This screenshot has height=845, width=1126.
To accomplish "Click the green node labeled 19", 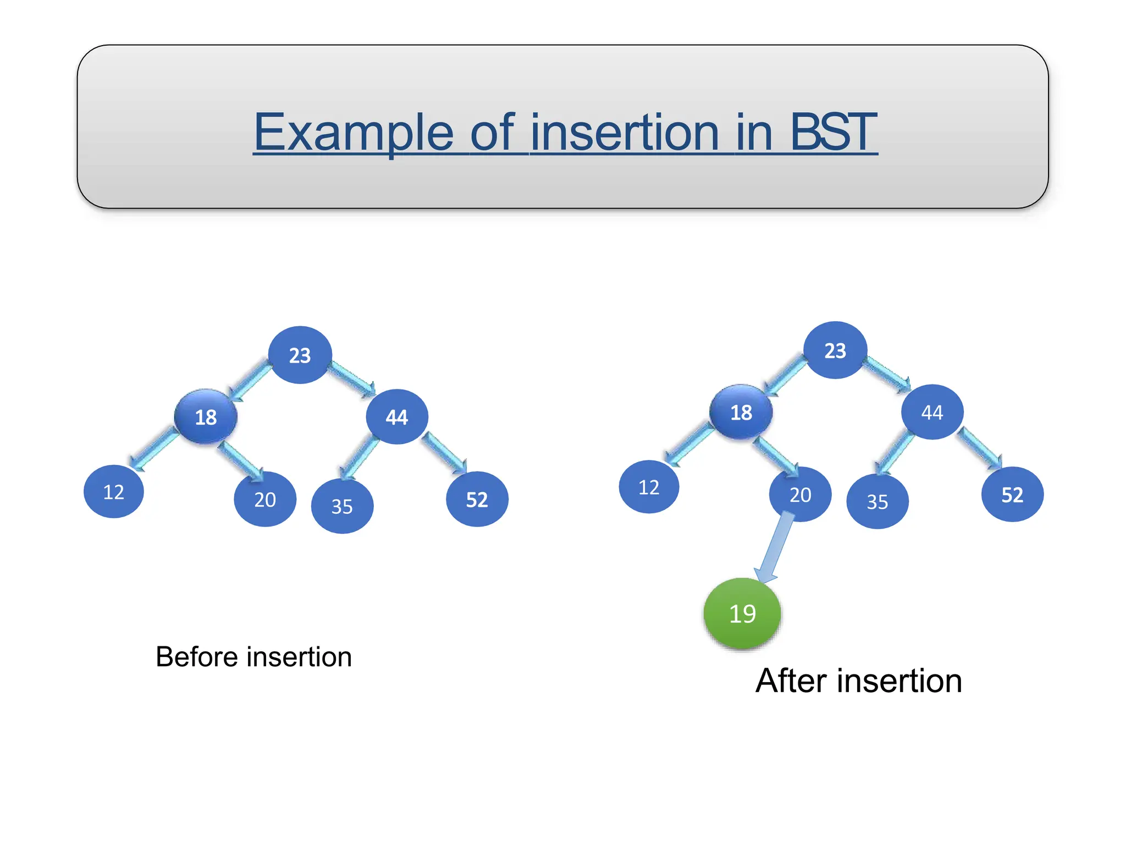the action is tap(742, 613).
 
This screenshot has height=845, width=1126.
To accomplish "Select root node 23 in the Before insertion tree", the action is tap(300, 355).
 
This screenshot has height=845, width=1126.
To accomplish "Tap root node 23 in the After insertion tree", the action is tap(835, 350).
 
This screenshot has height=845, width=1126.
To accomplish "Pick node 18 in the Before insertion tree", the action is tap(206, 416).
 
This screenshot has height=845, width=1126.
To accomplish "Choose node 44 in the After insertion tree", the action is tap(932, 411).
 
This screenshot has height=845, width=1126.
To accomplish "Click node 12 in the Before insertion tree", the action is tap(114, 491).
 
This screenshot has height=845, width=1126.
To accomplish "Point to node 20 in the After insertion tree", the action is tap(800, 494).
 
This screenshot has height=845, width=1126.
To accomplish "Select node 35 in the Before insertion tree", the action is tap(342, 506).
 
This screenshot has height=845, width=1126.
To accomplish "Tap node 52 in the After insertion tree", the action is tap(1012, 494).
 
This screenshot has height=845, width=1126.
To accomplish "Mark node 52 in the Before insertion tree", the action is tap(477, 499).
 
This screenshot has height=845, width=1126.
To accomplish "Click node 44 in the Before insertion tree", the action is tap(396, 416).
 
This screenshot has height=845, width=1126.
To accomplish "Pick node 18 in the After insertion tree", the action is tap(741, 411).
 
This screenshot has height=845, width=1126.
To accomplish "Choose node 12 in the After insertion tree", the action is tap(649, 487).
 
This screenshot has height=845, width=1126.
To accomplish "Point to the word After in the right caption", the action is tap(792, 681).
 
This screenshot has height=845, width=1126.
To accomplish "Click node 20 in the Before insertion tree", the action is tap(265, 499).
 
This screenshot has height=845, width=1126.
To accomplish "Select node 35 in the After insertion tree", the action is tap(877, 501).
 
